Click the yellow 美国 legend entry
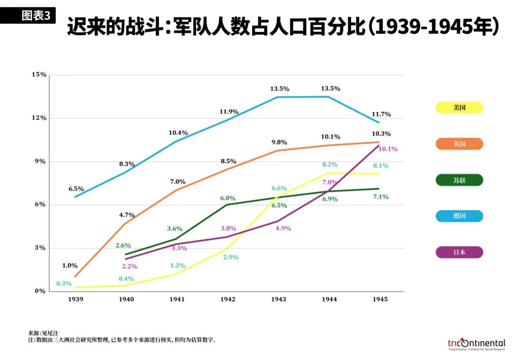tap(459, 108)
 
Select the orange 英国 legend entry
tap(459, 144)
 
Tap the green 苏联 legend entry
tap(459, 180)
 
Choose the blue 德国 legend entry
tap(459, 216)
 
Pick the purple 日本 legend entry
tap(459, 252)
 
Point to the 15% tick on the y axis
tap(39, 75)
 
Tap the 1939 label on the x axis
tap(76, 299)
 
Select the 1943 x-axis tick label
tap(278, 299)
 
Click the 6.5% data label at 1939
tap(76, 189)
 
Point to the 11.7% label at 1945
tap(381, 115)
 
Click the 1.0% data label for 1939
tap(70, 266)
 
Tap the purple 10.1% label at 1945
tap(388, 149)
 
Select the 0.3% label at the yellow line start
tap(64, 283)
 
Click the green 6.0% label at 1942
tap(228, 198)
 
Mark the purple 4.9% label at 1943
tap(283, 229)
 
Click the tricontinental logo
tap(476, 344)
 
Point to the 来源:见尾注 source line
tap(43, 333)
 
